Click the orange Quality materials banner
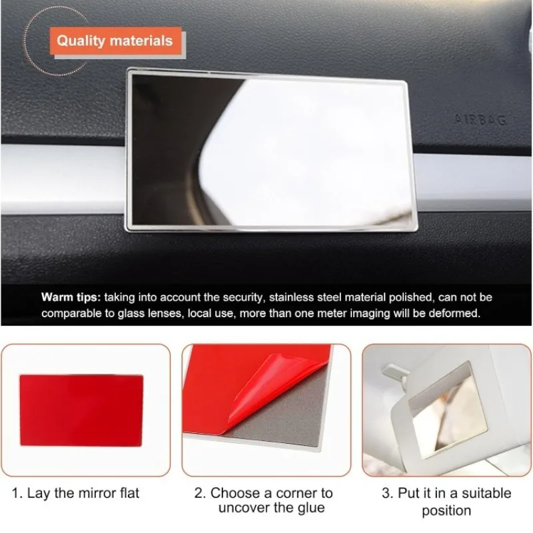pos(115,41)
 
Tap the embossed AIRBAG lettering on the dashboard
pos(480,120)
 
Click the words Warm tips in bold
pos(71,297)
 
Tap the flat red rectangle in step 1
pos(81,410)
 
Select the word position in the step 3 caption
pos(446,510)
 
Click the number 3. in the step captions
pos(388,493)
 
